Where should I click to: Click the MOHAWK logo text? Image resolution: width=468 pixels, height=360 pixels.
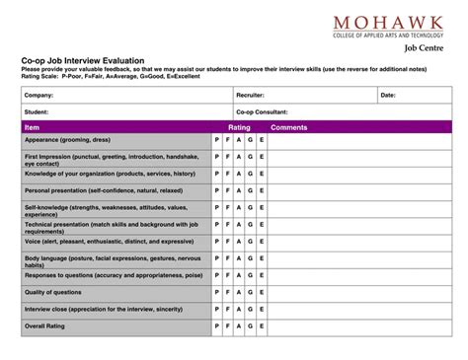(388, 23)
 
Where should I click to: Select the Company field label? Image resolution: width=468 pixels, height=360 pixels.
(39, 96)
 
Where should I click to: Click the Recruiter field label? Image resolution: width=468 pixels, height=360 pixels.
(250, 96)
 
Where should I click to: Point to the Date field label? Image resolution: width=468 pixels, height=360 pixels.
(388, 96)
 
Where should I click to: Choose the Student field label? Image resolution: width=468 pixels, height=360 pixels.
(37, 112)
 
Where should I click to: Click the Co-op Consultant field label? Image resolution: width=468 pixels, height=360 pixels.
(262, 112)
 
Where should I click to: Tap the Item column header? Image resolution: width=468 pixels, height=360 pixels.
(32, 127)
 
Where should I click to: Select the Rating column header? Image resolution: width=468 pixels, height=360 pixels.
(239, 127)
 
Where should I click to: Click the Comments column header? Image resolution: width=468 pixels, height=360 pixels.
(289, 127)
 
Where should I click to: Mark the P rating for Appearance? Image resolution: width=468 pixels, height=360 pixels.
(217, 140)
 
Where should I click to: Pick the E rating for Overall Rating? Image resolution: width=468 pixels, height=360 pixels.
(262, 325)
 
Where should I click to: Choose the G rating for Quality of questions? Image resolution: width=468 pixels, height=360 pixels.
(251, 292)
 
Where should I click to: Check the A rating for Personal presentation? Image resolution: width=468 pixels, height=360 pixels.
(239, 190)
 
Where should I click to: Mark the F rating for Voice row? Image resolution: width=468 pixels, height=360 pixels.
(228, 242)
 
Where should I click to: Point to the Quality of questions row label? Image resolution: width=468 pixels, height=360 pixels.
(53, 292)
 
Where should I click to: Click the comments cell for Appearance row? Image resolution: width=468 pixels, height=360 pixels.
(359, 140)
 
